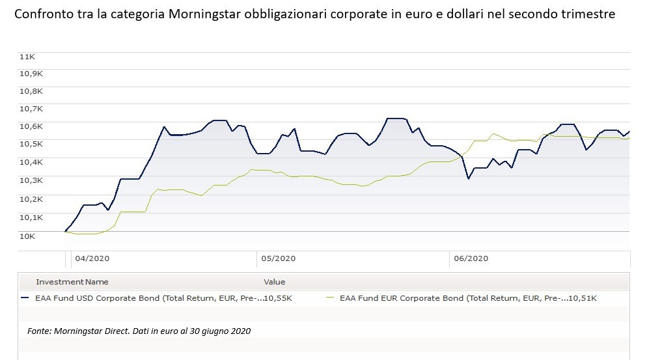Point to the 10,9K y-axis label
(x=30, y=74)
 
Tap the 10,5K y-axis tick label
(x=30, y=144)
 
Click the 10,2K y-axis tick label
(x=30, y=199)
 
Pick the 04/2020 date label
(x=91, y=258)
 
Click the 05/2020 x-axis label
(x=278, y=258)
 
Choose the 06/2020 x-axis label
(x=469, y=258)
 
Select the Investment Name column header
(x=72, y=282)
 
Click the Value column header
(x=274, y=282)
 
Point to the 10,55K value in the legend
(x=278, y=298)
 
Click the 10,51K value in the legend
(x=583, y=298)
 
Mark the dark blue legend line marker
(x=25, y=298)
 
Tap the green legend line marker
(x=330, y=298)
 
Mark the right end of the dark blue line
(x=629, y=132)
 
